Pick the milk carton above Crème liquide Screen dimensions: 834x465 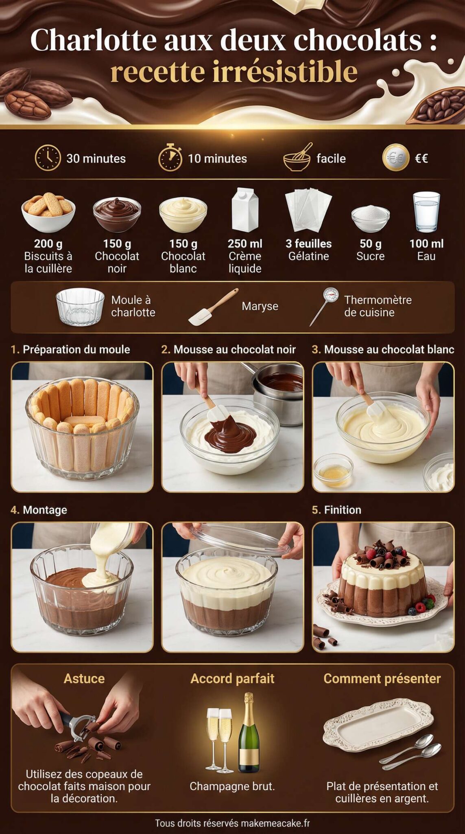[245, 210]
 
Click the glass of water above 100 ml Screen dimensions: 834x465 [426, 211]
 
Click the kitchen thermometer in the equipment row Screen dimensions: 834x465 [324, 305]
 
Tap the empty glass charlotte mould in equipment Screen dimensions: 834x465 [80, 306]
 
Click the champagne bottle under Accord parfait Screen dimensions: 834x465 [249, 733]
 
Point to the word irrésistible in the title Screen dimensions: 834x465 [284, 72]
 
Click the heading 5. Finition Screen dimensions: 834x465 [336, 510]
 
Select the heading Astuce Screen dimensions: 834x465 [84, 678]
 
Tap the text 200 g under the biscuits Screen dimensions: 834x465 [48, 244]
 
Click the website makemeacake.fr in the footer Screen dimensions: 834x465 [275, 823]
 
